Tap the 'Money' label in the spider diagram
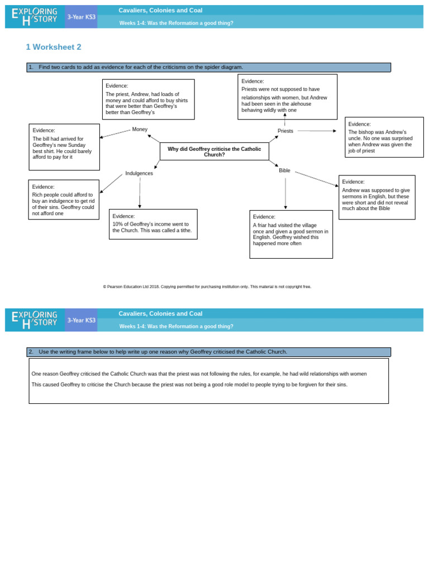pos(140,130)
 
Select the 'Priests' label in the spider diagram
pos(285,131)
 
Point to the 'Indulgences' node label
pos(139,174)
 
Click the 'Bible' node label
pos(284,170)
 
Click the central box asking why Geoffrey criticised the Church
pos(214,151)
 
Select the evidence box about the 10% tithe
pos(153,224)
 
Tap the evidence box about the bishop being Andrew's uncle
pos(384,137)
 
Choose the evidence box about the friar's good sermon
pos(290,234)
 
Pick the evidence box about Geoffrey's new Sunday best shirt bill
pos(64,147)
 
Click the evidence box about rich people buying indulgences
pos(64,199)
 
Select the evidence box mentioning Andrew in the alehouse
pos(287,97)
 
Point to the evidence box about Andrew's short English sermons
pos(376,197)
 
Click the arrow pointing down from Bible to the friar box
pos(285,193)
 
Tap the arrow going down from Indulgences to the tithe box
pos(140,193)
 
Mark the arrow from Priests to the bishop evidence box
pos(316,131)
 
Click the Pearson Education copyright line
pos(207,287)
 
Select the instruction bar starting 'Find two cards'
pos(208,68)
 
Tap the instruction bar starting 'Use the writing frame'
pos(208,352)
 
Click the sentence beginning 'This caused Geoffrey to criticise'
pos(189,385)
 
